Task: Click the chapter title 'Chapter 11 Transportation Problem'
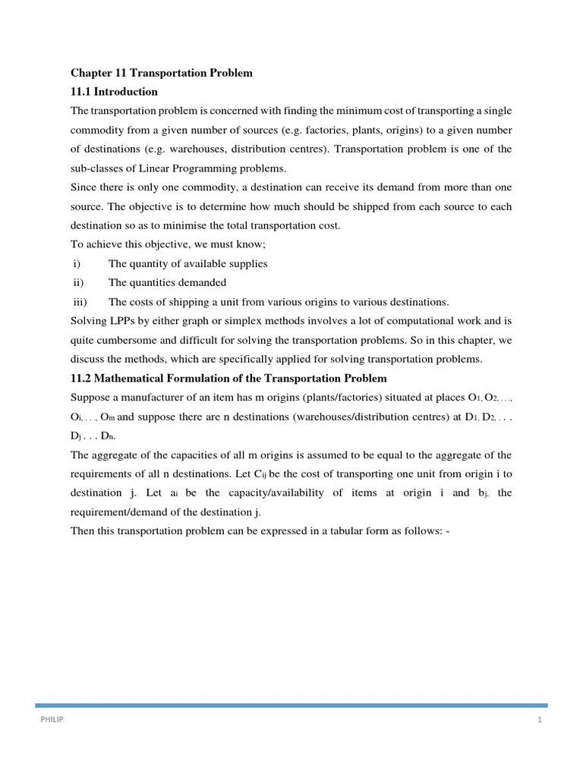coord(161,73)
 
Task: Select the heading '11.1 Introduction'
coord(114,92)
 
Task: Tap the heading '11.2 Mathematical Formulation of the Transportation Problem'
coord(228,378)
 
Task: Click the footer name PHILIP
coord(52,720)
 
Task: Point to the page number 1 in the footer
coord(540,720)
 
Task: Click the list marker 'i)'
coord(76,263)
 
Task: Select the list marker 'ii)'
coord(77,282)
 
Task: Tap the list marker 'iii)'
coord(78,301)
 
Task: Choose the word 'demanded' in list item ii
coord(203,282)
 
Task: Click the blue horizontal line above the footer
coord(291,705)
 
